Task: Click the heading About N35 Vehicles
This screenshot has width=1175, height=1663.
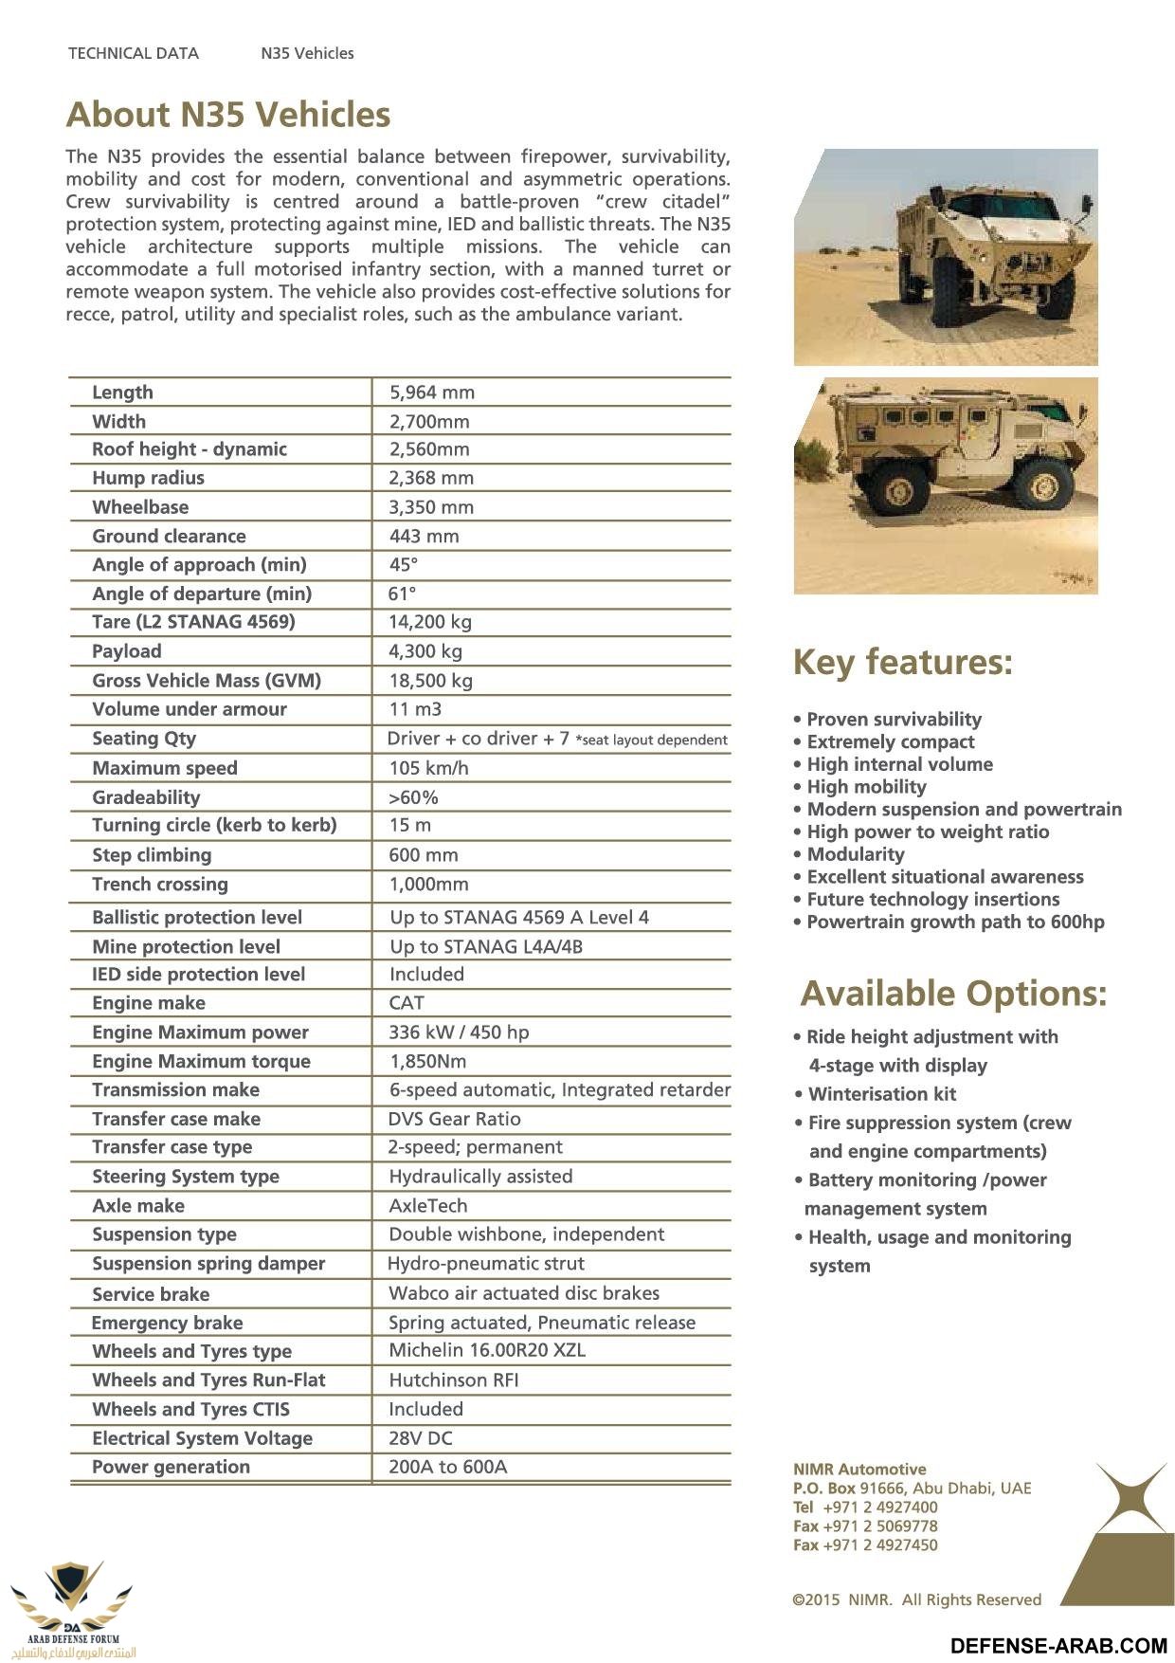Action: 228,115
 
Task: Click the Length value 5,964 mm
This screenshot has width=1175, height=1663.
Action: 431,393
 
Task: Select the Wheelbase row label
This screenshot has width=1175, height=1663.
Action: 140,507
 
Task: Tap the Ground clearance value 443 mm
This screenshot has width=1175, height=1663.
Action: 424,537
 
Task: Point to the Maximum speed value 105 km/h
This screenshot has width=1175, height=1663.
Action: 428,768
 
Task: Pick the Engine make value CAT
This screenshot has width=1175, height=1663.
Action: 407,1003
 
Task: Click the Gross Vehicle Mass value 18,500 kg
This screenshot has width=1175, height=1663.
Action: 430,681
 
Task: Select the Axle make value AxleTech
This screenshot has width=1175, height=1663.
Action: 428,1206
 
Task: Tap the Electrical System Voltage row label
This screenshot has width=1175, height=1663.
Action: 202,1438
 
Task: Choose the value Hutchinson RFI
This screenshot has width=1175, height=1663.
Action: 453,1380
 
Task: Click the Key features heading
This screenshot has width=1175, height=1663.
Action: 902,662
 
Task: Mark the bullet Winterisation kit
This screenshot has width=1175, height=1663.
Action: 881,1094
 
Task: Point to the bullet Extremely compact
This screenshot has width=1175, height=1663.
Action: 890,742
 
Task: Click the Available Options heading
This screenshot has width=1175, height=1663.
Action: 953,994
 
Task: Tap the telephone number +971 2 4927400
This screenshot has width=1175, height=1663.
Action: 879,1508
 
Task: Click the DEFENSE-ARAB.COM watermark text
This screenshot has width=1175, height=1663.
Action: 1058,1646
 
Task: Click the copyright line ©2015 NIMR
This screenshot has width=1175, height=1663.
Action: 916,1600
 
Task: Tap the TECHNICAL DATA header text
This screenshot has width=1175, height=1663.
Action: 134,53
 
